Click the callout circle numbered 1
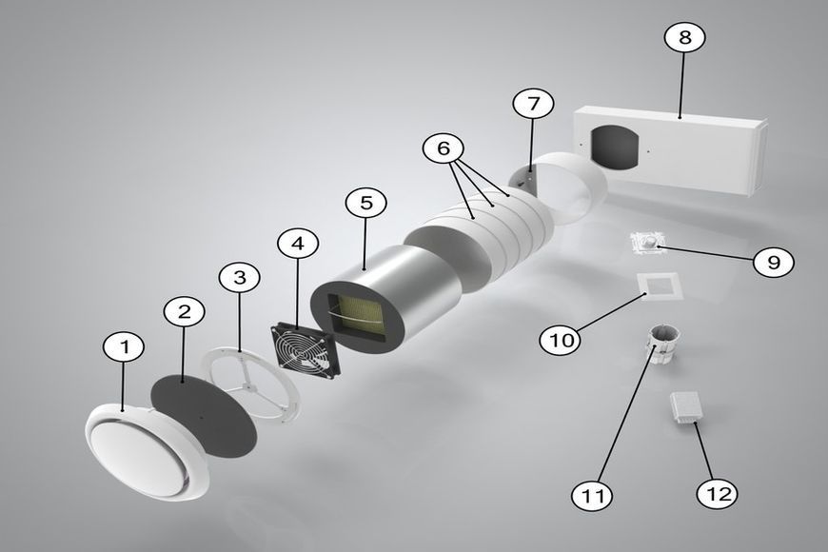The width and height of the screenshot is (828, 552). click(124, 347)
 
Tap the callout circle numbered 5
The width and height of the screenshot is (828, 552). click(366, 204)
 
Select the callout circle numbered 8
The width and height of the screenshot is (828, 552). click(685, 37)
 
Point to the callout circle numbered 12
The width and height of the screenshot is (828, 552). click(717, 494)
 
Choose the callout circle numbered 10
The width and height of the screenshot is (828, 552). click(561, 339)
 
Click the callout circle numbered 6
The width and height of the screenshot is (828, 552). click(444, 148)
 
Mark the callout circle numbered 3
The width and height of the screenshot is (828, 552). click(240, 277)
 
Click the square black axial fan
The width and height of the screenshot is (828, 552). click(306, 352)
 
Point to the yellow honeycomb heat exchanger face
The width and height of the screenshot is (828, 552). click(359, 317)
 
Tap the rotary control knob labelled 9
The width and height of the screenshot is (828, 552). click(649, 243)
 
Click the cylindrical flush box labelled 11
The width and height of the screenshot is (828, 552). click(661, 345)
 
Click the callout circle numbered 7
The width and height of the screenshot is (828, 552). click(533, 104)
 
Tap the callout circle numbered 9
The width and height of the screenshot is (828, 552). click(774, 262)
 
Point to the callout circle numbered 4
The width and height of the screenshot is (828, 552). click(298, 244)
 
